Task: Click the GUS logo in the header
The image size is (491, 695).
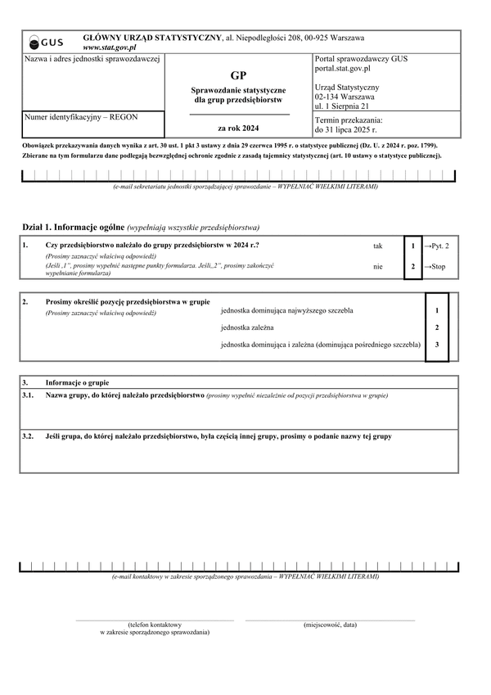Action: [47, 43]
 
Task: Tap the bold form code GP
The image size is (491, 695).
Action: [237, 75]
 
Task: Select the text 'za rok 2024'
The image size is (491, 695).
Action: [237, 129]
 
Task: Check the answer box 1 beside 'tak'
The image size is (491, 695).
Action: [413, 246]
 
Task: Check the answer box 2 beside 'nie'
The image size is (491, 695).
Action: [413, 267]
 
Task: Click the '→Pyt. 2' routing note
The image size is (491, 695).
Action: [436, 246]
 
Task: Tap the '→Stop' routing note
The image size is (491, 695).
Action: [435, 267]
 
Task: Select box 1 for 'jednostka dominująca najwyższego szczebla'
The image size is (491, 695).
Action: [437, 311]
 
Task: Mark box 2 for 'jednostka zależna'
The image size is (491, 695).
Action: [437, 328]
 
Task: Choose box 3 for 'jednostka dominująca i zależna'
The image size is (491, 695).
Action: [437, 345]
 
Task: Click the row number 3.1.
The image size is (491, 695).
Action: [28, 395]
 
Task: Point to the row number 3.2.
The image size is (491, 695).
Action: [28, 436]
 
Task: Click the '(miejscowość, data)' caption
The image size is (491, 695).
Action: [330, 625]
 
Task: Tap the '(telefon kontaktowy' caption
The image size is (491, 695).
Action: [155, 625]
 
